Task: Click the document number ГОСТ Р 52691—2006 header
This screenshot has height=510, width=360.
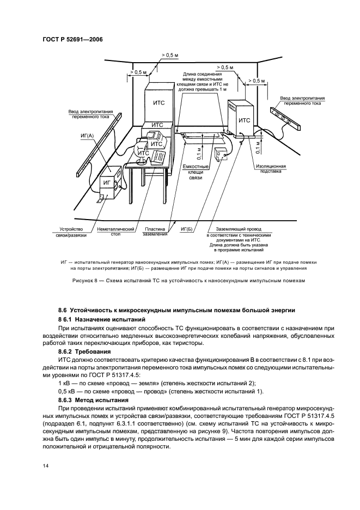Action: [x=72, y=40]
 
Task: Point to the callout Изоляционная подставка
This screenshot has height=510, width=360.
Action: [x=271, y=168]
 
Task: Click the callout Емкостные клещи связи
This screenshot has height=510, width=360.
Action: [x=195, y=172]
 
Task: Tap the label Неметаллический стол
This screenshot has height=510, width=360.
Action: [x=115, y=232]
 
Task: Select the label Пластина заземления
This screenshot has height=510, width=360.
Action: [x=155, y=231]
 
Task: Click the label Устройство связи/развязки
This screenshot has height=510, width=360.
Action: [x=71, y=232]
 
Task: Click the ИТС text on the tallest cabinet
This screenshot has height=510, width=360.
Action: [x=158, y=103]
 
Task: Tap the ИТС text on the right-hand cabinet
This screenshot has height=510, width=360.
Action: [x=244, y=120]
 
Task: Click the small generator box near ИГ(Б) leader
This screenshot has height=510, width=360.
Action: [x=221, y=154]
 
